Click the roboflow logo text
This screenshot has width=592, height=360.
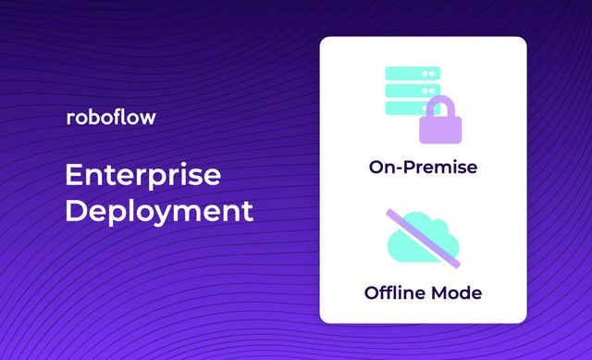point(111,118)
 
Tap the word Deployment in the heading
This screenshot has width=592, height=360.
point(158,210)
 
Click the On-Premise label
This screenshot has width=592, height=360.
point(423,168)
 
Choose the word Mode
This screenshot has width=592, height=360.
point(457,292)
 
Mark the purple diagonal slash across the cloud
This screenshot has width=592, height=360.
point(423,234)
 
